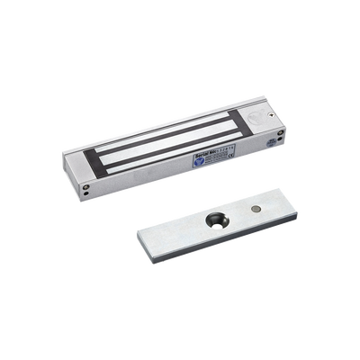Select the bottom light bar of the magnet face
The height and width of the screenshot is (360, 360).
[158, 166]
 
